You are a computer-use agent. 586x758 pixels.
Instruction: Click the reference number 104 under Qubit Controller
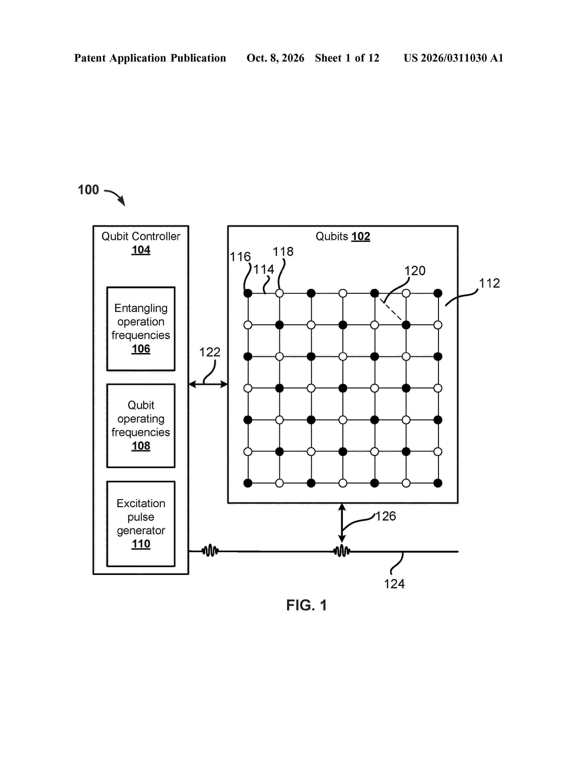tap(141, 250)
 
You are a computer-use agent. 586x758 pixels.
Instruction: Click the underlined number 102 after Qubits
tap(361, 236)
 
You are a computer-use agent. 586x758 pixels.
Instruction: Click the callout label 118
tap(283, 252)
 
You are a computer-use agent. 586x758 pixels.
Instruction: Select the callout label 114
tap(264, 269)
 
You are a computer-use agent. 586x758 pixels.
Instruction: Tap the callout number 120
tap(415, 271)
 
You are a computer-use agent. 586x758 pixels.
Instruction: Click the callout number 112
tap(489, 283)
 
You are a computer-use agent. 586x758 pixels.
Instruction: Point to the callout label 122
tap(210, 352)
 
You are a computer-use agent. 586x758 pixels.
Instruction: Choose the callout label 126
tap(386, 516)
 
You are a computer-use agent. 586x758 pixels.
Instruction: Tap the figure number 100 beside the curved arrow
tap(88, 190)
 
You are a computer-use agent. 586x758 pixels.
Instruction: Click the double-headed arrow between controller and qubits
tap(208, 384)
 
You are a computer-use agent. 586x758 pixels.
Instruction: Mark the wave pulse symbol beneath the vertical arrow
tap(342, 551)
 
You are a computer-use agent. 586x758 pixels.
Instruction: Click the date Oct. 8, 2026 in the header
tap(275, 58)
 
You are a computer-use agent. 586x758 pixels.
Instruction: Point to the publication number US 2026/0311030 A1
tap(453, 58)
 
